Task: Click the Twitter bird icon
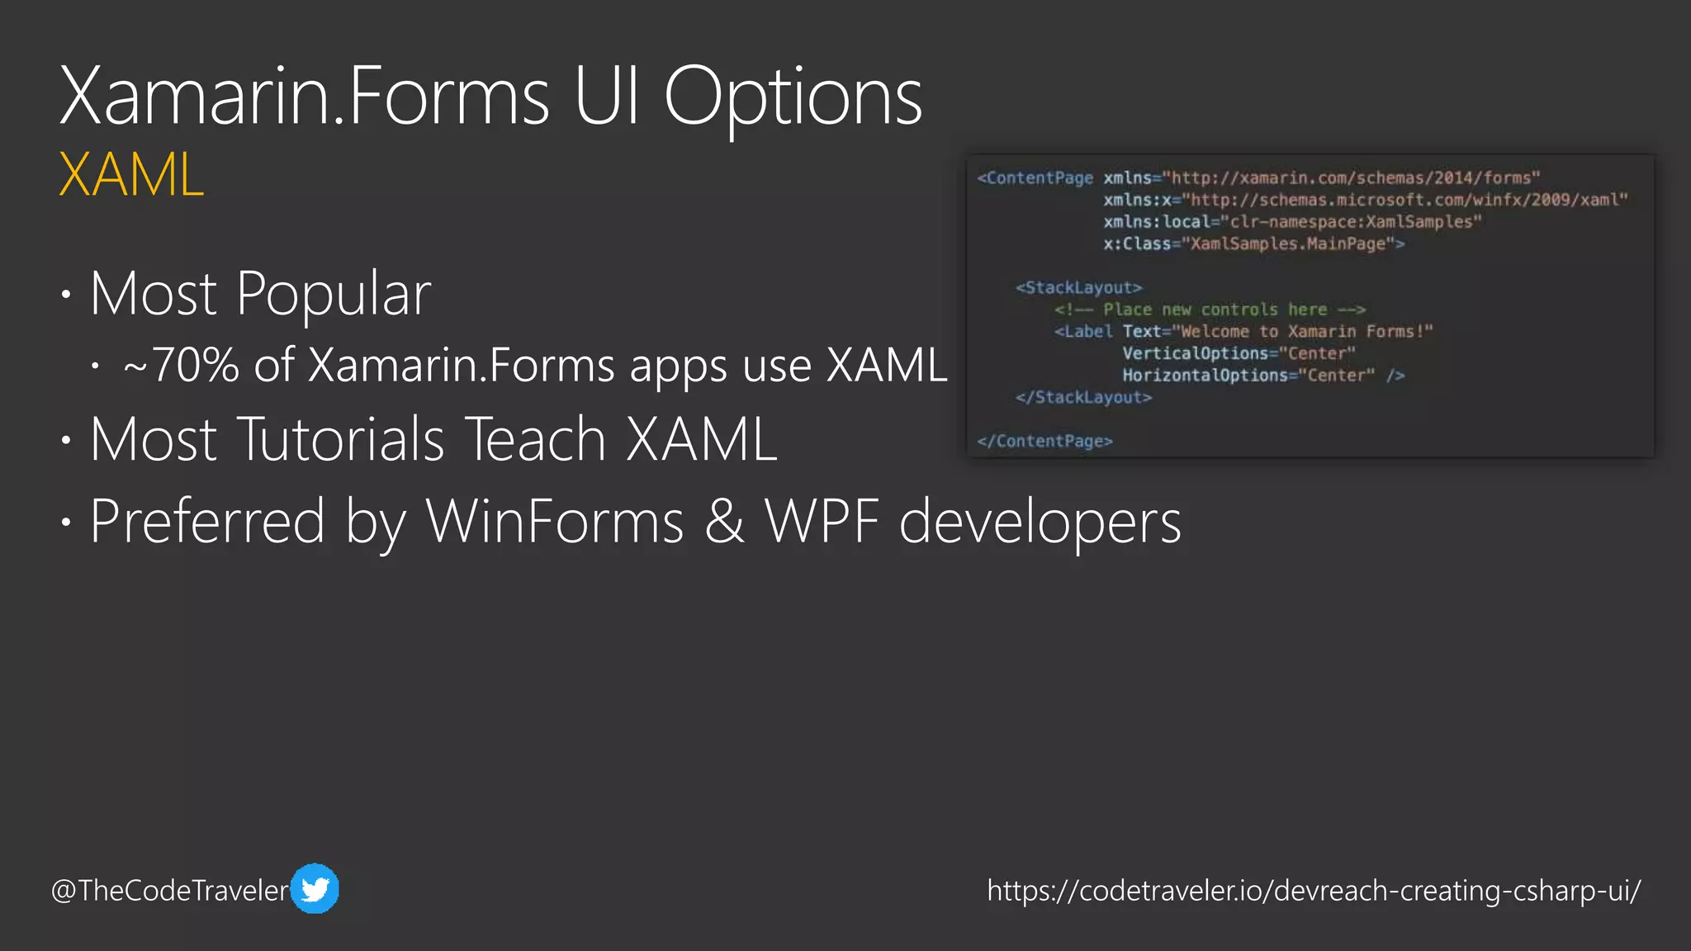[x=315, y=889]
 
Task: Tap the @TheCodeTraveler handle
[x=170, y=891]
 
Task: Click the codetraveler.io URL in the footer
[x=1314, y=891]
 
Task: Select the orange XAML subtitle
[x=131, y=175]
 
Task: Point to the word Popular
[x=333, y=294]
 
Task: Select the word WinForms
[x=555, y=522]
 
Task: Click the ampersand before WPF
[x=724, y=522]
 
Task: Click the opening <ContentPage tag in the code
[x=1035, y=178]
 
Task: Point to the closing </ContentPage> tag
[x=1044, y=442]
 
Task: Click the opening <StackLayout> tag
[x=1078, y=288]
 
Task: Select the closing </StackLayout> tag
[x=1083, y=398]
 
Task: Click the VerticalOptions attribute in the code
[x=1195, y=354]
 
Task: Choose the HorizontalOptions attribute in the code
[x=1205, y=376]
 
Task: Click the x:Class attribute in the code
[x=1137, y=244]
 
